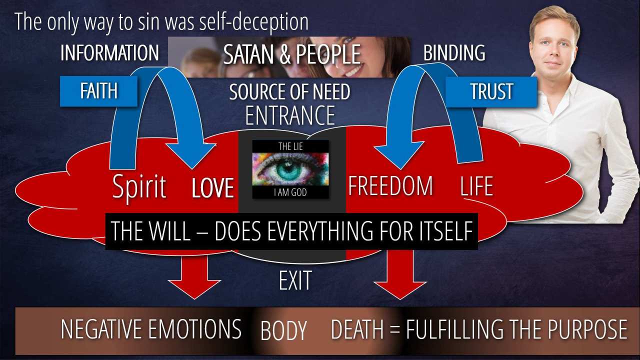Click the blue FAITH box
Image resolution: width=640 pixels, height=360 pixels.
[x=98, y=91]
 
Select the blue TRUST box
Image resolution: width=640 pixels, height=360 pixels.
[x=491, y=92]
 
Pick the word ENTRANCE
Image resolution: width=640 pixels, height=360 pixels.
[x=290, y=116]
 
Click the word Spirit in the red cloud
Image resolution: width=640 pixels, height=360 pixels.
[x=139, y=187]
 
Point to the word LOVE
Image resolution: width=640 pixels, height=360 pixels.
[x=213, y=188]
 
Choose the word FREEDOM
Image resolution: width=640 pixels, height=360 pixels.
[x=390, y=186]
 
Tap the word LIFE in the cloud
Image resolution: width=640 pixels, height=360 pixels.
[x=476, y=186]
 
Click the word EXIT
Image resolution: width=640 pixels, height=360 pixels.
[x=295, y=280]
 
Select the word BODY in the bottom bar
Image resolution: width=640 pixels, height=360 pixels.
[x=283, y=331]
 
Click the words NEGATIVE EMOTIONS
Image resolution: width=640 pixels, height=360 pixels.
[x=151, y=329]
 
